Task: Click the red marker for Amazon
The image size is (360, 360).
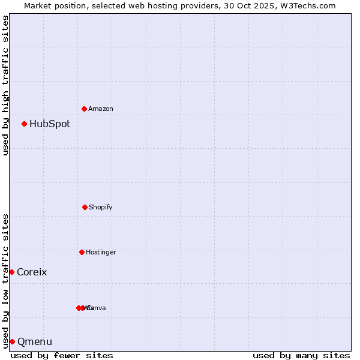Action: click(x=84, y=109)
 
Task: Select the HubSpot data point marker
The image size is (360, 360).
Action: click(x=24, y=124)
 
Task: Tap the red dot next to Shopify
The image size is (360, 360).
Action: click(x=85, y=207)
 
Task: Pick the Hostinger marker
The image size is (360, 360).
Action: click(x=82, y=252)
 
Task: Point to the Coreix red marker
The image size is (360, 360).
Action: click(x=11, y=272)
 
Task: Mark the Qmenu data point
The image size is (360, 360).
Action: click(x=12, y=341)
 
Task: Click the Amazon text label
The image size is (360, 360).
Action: click(x=101, y=109)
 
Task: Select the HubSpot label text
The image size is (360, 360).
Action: click(x=50, y=124)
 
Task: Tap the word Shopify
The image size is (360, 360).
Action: click(x=101, y=207)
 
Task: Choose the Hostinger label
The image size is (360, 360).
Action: click(x=101, y=252)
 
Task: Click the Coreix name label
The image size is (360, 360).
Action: click(x=32, y=272)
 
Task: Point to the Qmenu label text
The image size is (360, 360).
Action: click(x=35, y=342)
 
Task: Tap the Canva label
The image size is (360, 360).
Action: click(x=96, y=308)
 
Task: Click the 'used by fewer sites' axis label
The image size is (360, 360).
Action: click(x=62, y=355)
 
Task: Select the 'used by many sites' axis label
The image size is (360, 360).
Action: click(x=301, y=355)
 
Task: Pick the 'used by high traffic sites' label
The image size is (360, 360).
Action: click(x=6, y=86)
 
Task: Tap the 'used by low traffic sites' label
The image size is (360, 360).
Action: click(x=6, y=280)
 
